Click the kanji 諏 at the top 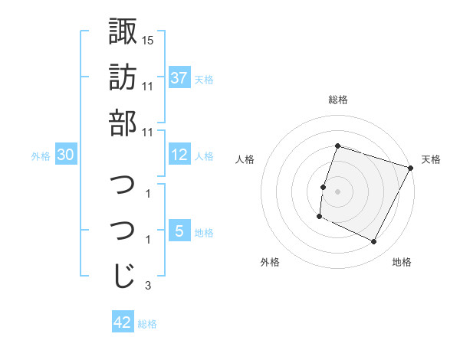(x=123, y=31)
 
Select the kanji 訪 (x=123, y=77)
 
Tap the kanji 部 (x=123, y=123)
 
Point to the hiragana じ (x=123, y=277)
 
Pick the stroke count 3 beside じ (x=148, y=286)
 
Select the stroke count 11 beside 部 (x=148, y=132)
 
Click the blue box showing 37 (x=179, y=78)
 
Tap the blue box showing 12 (x=179, y=155)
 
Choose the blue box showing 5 (x=179, y=231)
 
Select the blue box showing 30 (x=66, y=155)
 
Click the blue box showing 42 (x=123, y=322)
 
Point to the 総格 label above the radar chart (x=338, y=100)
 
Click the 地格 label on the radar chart (x=402, y=262)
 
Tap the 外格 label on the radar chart (x=270, y=262)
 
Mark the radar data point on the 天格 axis (x=412, y=168)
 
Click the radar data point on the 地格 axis (x=374, y=242)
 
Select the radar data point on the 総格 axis (x=337, y=146)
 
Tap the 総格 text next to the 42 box (x=147, y=324)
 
